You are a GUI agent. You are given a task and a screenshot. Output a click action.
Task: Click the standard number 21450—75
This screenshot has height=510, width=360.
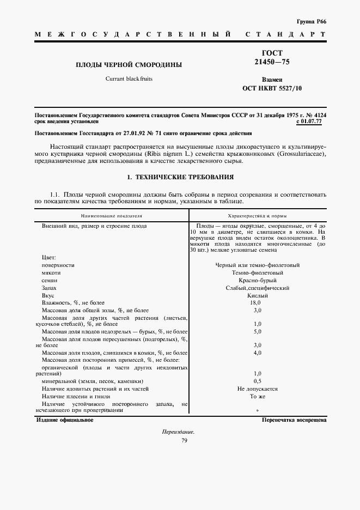tap(272, 63)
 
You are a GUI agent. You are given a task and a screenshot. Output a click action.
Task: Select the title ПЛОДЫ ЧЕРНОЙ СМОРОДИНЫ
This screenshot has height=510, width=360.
tap(129, 65)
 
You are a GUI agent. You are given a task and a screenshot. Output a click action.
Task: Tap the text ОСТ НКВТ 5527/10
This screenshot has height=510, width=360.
tap(272, 88)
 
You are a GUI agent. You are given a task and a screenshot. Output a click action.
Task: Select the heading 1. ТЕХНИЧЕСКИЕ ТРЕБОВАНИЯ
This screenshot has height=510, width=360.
tap(180, 177)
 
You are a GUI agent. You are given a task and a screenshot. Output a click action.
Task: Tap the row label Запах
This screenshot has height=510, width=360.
tap(49, 288)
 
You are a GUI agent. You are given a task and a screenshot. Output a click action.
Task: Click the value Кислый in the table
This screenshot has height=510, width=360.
tap(257, 295)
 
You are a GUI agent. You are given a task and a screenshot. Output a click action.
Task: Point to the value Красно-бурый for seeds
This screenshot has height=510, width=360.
tap(257, 280)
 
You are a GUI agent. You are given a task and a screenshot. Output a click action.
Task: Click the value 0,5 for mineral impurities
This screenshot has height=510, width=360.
tap(257, 381)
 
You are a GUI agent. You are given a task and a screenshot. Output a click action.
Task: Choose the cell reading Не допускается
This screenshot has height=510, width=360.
tap(257, 389)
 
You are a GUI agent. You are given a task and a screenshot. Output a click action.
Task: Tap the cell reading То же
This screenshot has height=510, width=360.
tap(257, 397)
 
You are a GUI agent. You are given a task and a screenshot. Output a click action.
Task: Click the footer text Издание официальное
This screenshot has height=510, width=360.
tap(65, 421)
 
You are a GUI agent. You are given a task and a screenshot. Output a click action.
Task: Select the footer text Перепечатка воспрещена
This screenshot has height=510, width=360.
tap(294, 421)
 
